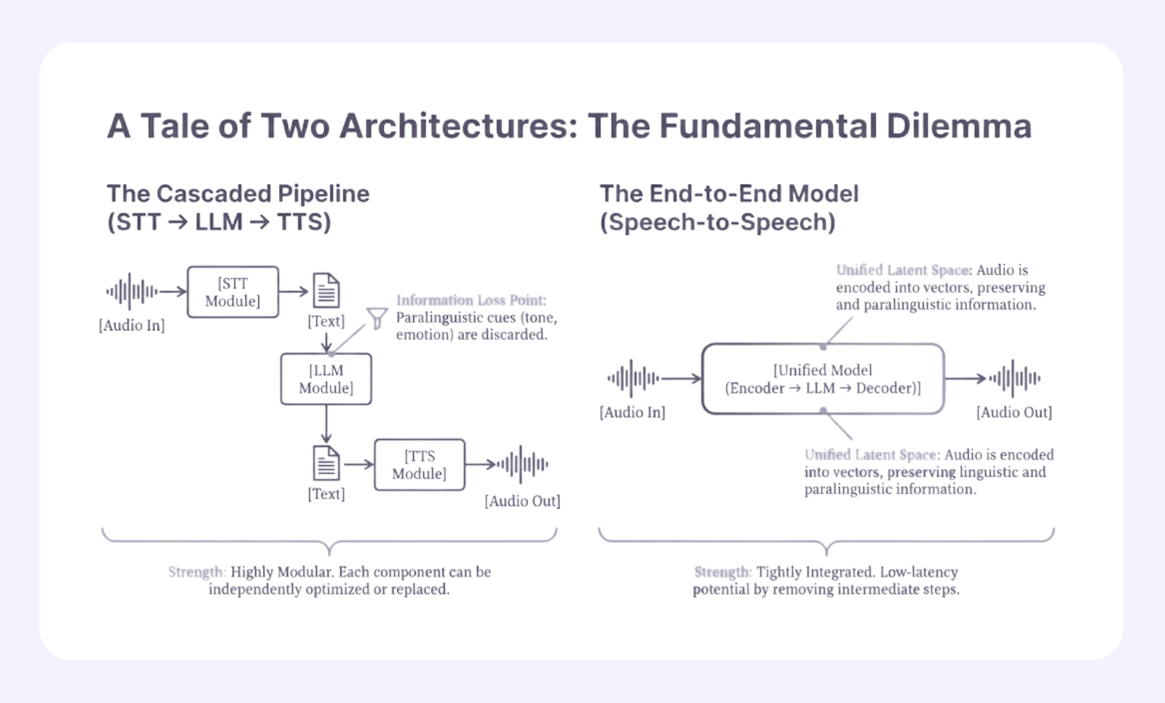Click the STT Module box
(233, 292)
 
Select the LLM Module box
(326, 378)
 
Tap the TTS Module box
(419, 465)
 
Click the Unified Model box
(823, 378)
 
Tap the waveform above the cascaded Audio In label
(131, 291)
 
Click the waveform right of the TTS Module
(522, 465)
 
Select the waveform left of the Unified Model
(632, 378)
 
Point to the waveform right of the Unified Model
(1014, 378)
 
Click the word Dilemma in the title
(959, 126)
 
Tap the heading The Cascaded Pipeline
(238, 194)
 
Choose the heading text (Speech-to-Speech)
(717, 222)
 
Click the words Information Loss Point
(471, 301)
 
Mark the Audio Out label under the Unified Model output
(1014, 412)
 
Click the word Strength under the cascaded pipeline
(196, 572)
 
